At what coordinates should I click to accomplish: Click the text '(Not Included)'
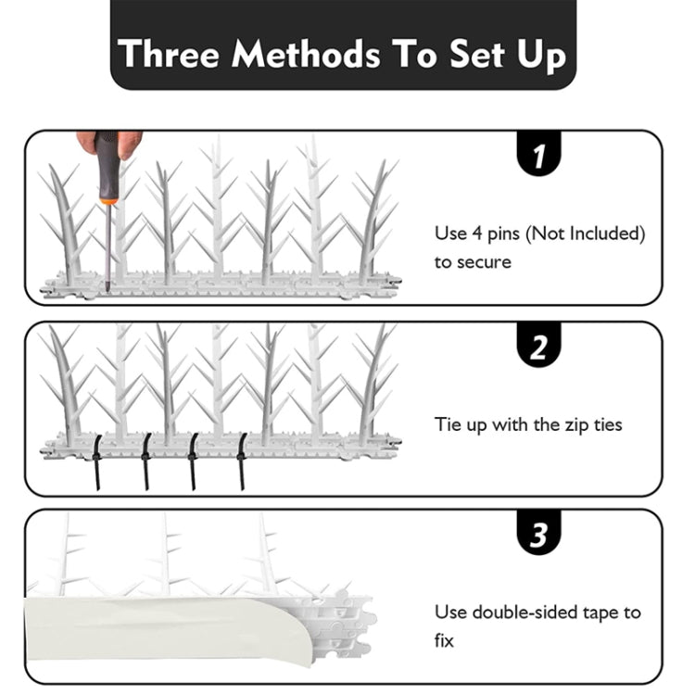tap(585, 234)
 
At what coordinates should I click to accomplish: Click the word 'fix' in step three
tap(444, 640)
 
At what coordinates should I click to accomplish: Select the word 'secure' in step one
tap(484, 262)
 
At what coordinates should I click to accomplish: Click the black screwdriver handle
tap(107, 162)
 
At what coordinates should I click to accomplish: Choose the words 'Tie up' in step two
tap(461, 424)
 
